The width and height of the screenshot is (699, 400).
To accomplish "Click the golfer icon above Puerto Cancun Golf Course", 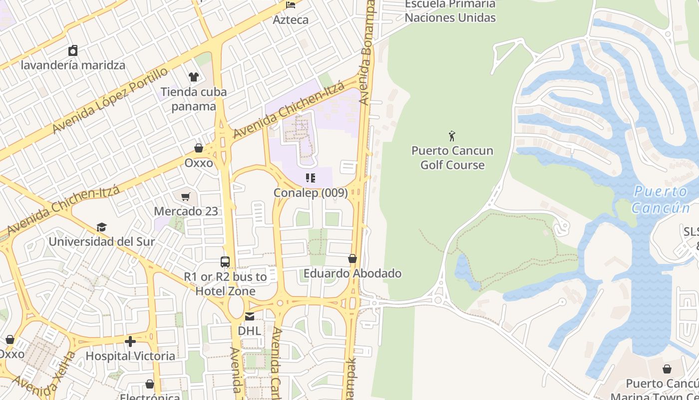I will (452, 135).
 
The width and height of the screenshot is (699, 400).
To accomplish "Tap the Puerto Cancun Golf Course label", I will (452, 158).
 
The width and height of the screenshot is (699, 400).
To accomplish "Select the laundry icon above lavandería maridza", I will (73, 50).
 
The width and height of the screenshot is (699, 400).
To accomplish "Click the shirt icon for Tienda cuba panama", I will (194, 76).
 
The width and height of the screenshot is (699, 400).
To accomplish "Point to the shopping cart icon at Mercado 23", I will (186, 197).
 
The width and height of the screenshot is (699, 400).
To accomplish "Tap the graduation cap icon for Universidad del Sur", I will (102, 227).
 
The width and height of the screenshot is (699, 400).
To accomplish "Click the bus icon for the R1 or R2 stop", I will (225, 261).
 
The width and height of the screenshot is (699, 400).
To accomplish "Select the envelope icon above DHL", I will (249, 316).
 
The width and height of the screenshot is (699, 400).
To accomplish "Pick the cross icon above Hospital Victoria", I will (130, 341).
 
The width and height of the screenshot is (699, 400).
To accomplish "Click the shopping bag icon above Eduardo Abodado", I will (352, 258).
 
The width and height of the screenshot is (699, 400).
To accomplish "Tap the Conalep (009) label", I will (311, 192).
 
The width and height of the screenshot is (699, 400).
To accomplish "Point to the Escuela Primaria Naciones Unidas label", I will (450, 11).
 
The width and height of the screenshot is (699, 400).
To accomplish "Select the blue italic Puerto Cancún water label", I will (661, 199).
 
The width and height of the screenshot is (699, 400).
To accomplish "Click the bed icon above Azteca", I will (291, 5).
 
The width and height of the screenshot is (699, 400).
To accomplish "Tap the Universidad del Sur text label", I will (102, 241).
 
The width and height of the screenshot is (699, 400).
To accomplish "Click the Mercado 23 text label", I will (186, 211).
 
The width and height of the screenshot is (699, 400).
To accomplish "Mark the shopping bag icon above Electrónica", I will (150, 384).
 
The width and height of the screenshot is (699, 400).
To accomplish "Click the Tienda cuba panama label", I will (194, 99).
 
